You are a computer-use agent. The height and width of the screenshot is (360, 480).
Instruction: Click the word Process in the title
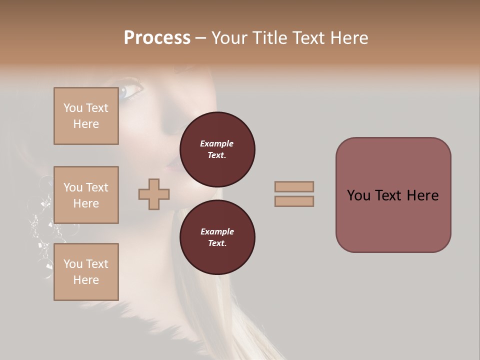(157, 38)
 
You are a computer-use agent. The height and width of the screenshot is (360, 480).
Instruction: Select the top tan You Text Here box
(86, 116)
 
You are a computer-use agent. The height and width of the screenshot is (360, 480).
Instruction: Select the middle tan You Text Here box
(86, 195)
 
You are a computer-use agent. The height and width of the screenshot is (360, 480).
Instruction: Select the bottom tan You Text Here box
(86, 271)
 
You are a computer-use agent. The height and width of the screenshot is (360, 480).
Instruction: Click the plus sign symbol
(154, 194)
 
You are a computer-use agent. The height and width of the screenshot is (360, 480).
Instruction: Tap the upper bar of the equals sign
(294, 186)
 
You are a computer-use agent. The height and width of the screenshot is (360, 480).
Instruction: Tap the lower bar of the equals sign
(294, 201)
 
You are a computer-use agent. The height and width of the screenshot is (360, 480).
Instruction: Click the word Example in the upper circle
(217, 143)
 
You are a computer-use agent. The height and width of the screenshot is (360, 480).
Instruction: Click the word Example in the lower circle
(217, 231)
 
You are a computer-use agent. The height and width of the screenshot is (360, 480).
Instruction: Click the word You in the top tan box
(72, 108)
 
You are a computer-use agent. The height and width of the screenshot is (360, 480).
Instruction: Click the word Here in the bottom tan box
(86, 280)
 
